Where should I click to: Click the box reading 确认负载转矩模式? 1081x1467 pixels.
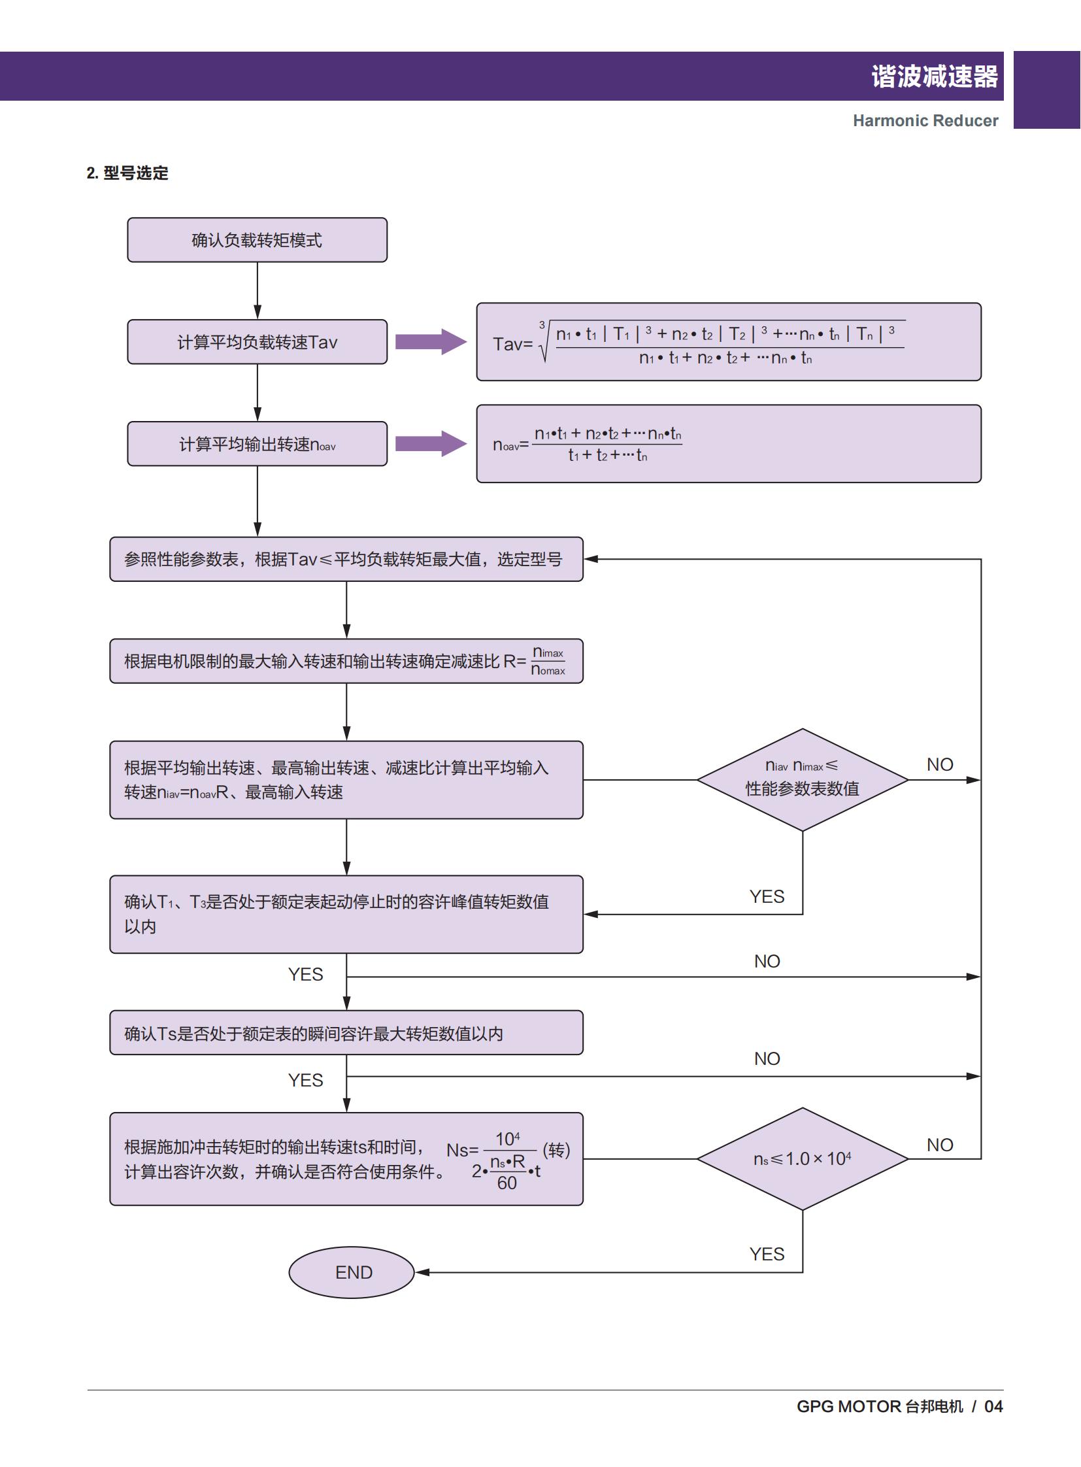pos(257,240)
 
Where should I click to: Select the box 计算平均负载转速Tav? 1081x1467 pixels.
pos(257,342)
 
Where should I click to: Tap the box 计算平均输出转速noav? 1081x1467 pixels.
pos(257,444)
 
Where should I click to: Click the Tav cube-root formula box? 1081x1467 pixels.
pos(728,342)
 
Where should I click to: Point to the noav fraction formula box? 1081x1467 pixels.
pos(728,444)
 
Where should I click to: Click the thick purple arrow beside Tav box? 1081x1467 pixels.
pos(431,342)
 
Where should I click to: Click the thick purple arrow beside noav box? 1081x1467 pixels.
pos(431,444)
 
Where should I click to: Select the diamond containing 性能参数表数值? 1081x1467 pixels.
pos(802,780)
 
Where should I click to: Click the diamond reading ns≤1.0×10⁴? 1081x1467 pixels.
pos(802,1158)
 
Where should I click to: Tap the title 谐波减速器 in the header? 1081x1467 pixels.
pos(934,76)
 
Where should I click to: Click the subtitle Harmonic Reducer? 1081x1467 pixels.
pos(925,120)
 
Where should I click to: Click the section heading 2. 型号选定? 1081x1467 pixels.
pos(127,173)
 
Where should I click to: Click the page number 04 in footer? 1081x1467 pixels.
pos(993,1406)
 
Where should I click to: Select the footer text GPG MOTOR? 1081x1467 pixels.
pos(849,1406)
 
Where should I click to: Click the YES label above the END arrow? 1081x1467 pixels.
pos(767,1254)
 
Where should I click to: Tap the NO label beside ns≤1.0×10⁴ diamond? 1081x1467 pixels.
pos(940,1145)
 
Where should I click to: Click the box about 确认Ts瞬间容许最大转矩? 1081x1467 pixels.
pos(346,1033)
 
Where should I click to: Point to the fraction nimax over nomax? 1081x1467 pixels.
pos(548,661)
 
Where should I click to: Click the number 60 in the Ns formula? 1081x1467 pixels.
pos(507,1183)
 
